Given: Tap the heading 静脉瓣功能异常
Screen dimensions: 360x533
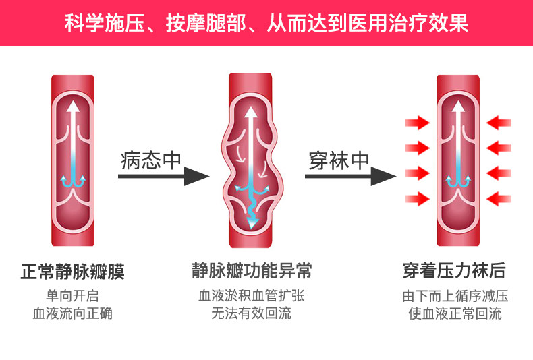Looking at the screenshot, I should pos(251,271).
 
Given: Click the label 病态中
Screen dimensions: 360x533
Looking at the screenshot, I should pos(152,160).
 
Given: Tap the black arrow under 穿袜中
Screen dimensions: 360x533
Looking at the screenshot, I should pos(351,177).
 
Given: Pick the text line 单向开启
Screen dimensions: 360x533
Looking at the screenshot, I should pos(72,297).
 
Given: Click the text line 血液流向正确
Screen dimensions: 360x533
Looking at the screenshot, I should pos(72,313).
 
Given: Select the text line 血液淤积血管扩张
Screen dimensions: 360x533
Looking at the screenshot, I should pos(251,297).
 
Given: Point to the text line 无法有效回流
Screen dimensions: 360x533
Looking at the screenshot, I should pos(251,313).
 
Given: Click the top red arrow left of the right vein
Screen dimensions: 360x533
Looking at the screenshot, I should pos(417,123).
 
